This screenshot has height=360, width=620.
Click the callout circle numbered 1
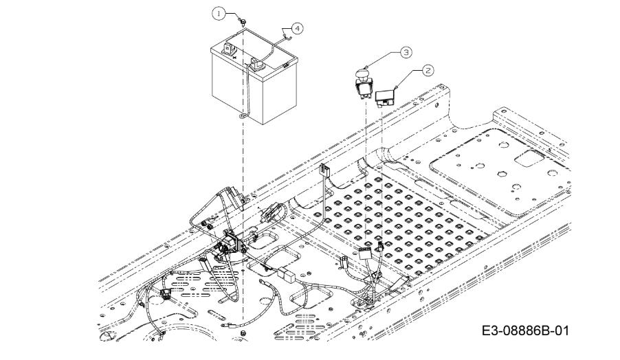[x=219, y=14]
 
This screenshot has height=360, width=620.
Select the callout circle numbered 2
[x=428, y=70]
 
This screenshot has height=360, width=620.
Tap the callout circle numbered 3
[x=406, y=52]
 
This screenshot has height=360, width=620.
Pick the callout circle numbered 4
[x=297, y=28]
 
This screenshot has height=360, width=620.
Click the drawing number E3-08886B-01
[x=526, y=330]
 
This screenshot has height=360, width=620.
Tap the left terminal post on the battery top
[x=228, y=49]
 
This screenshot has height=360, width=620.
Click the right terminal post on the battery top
[x=256, y=63]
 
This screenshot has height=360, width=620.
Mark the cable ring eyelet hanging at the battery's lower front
[x=242, y=116]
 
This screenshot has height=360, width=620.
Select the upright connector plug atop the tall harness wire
[x=324, y=170]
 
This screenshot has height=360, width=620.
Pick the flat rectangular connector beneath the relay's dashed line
[x=364, y=254]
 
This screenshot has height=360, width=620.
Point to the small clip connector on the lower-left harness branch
[x=165, y=293]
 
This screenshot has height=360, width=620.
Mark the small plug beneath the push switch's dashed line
[x=380, y=246]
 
